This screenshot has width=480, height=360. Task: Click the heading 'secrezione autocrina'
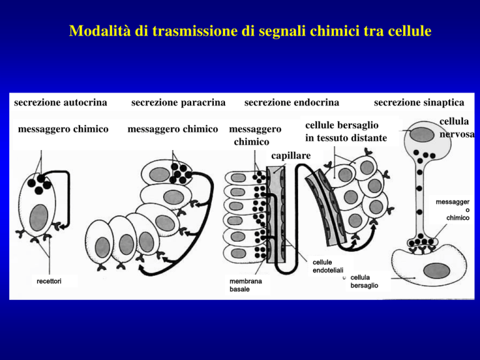click(61, 102)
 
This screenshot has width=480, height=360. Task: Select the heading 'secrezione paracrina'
click(178, 102)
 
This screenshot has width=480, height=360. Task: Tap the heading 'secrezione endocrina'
click(292, 102)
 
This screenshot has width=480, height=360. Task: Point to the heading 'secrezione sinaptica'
click(419, 102)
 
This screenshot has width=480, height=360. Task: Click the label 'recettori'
click(49, 281)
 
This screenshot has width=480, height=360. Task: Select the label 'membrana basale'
click(246, 285)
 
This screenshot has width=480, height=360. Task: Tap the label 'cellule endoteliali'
click(328, 266)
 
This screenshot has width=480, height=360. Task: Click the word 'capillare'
click(291, 156)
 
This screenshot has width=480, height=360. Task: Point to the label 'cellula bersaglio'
click(364, 281)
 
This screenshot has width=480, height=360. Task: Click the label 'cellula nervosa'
click(457, 127)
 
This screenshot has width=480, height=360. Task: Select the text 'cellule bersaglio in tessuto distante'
click(346, 132)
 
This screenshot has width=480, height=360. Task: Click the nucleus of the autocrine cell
click(39, 217)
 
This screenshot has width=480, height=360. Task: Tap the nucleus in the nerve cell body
click(422, 135)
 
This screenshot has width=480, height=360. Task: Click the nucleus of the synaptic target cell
click(436, 271)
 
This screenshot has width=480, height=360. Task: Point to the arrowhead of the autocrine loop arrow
click(62, 227)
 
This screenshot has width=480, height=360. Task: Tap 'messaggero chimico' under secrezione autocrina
click(63, 129)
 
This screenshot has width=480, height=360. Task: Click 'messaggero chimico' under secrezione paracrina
click(172, 129)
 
